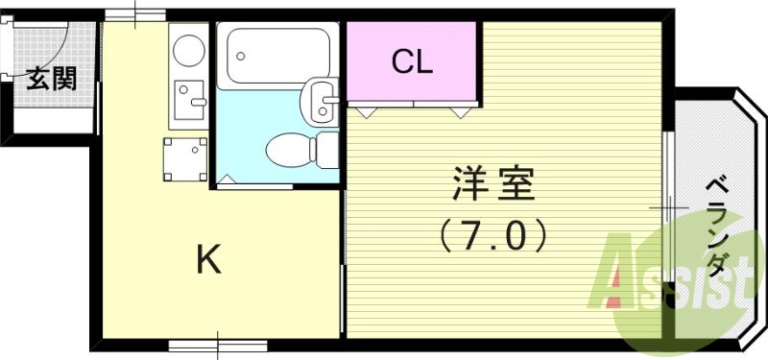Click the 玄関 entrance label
click(51, 79)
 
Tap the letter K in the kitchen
click(208, 259)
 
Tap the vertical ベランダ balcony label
click(716, 227)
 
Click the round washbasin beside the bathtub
click(319, 101)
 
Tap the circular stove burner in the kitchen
click(188, 49)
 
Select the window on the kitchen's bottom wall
click(204, 343)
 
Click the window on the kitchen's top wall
click(135, 13)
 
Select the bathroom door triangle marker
click(228, 180)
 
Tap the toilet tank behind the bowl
click(326, 150)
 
